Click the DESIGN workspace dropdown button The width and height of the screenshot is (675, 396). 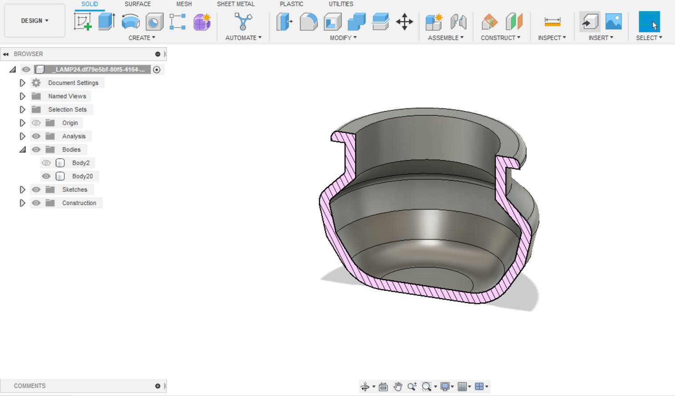click(35, 21)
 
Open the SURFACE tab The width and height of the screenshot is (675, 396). click(138, 4)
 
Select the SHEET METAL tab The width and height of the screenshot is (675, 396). click(236, 4)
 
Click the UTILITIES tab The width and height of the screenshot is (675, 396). click(341, 4)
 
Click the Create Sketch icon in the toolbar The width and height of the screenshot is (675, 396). click(83, 21)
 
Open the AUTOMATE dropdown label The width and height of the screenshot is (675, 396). click(243, 38)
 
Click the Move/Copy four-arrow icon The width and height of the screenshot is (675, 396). click(404, 21)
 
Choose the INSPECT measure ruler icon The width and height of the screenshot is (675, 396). click(552, 21)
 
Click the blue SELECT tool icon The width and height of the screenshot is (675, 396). click(649, 21)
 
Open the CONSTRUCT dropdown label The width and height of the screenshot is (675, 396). click(500, 38)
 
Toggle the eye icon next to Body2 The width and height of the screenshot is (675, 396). click(46, 163)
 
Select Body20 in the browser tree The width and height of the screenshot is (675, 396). click(82, 176)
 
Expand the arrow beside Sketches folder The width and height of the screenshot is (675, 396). click(22, 190)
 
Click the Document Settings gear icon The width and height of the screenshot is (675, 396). click(36, 83)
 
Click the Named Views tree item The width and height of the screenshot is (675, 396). click(67, 96)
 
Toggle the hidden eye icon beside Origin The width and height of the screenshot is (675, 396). click(36, 123)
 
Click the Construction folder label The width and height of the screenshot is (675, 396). click(79, 203)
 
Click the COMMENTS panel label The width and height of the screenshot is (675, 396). click(29, 386)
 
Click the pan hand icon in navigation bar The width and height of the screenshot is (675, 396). click(398, 387)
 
